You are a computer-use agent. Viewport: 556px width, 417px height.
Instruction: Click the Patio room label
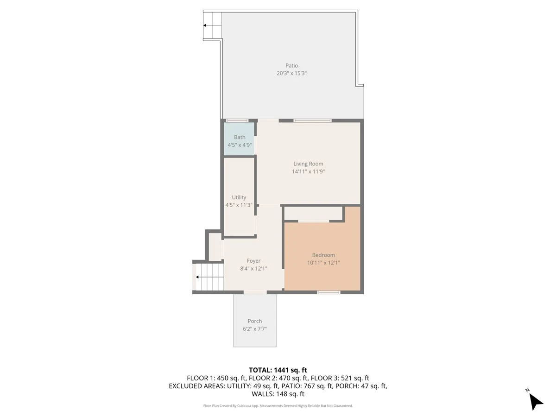291,66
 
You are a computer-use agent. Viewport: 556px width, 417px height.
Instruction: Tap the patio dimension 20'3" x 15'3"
291,73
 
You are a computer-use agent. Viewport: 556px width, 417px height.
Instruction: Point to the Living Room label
308,164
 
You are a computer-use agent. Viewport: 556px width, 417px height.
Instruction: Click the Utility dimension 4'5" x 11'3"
239,205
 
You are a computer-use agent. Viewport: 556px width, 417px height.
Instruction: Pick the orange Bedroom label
323,255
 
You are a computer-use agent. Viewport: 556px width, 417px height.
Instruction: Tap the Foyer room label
253,261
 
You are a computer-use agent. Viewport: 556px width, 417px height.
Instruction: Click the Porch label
255,321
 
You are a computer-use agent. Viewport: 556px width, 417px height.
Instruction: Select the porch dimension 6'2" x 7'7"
255,329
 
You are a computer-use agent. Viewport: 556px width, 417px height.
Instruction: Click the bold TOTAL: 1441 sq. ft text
278,370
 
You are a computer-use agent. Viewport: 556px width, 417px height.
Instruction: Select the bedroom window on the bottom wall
329,292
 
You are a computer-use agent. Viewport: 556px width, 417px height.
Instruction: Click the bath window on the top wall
237,120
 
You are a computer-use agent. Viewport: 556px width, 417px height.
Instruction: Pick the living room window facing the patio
312,120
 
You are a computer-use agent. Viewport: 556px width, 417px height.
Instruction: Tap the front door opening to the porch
255,292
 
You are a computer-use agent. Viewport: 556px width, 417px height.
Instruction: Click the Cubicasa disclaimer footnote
278,406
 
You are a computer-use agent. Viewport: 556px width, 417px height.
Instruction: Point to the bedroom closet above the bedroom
313,213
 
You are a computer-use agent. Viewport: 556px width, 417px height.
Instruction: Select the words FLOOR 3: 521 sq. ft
340,378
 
